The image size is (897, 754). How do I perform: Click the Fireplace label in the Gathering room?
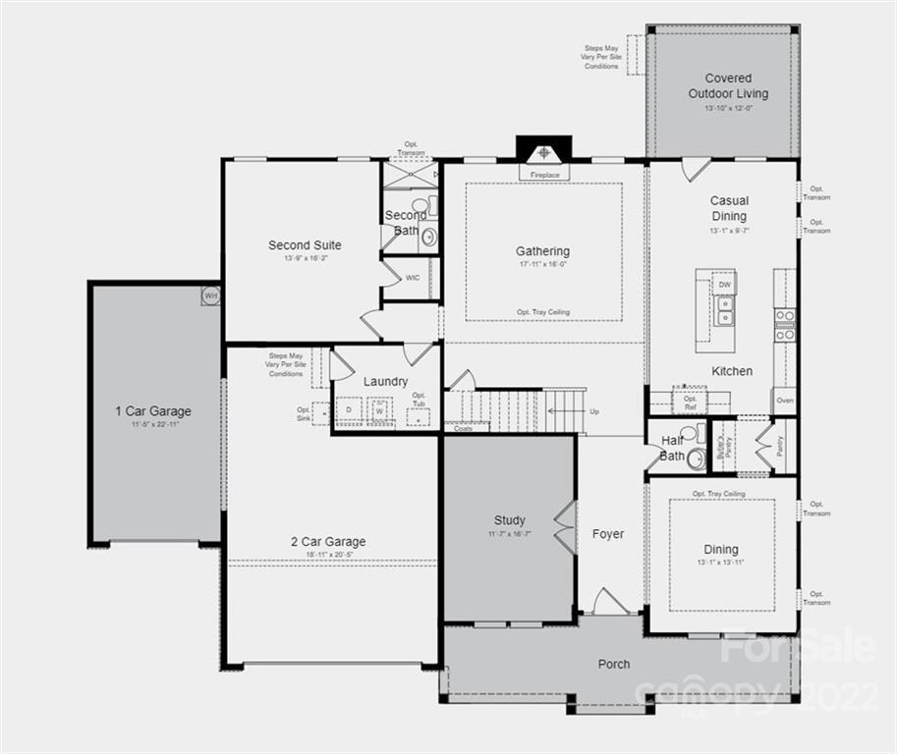click(544, 175)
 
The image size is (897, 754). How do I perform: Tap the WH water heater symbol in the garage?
click(209, 294)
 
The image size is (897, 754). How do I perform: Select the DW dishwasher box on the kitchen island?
click(724, 285)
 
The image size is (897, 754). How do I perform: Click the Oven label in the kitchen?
click(785, 401)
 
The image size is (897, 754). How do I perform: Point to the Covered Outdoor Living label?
click(728, 85)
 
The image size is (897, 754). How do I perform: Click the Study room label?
click(509, 520)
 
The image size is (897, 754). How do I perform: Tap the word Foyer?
click(608, 534)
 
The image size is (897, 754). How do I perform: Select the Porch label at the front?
click(614, 665)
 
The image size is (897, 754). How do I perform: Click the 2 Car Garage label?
click(328, 541)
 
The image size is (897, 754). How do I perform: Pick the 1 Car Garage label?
click(152, 411)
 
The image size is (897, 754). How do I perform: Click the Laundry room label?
click(385, 381)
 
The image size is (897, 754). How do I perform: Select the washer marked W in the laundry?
click(379, 410)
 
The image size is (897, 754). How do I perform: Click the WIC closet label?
click(413, 278)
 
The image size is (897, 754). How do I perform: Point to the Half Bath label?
click(673, 448)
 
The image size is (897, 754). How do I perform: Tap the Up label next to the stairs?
click(593, 411)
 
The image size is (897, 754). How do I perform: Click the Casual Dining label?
click(729, 208)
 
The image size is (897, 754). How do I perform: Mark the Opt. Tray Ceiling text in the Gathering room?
click(543, 312)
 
